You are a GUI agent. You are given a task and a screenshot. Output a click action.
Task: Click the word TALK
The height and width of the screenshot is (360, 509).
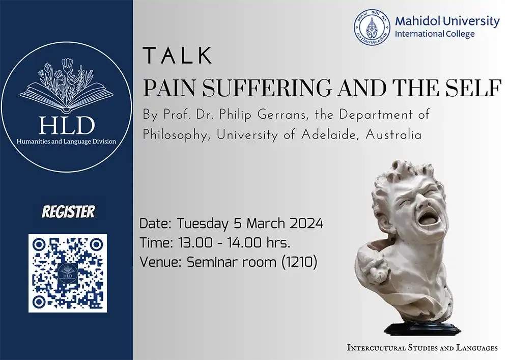click(x=178, y=55)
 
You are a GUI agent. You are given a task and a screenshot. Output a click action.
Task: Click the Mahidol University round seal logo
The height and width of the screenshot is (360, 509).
click(x=372, y=27)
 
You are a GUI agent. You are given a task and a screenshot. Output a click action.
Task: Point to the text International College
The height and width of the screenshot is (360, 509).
click(x=435, y=34)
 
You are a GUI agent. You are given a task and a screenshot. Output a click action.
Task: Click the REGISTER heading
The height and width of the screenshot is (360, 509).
click(x=68, y=211)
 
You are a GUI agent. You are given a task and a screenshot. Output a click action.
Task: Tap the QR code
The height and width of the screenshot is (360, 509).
click(x=68, y=272)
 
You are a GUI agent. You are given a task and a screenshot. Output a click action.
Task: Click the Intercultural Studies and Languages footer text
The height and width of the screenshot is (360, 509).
click(x=422, y=348)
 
